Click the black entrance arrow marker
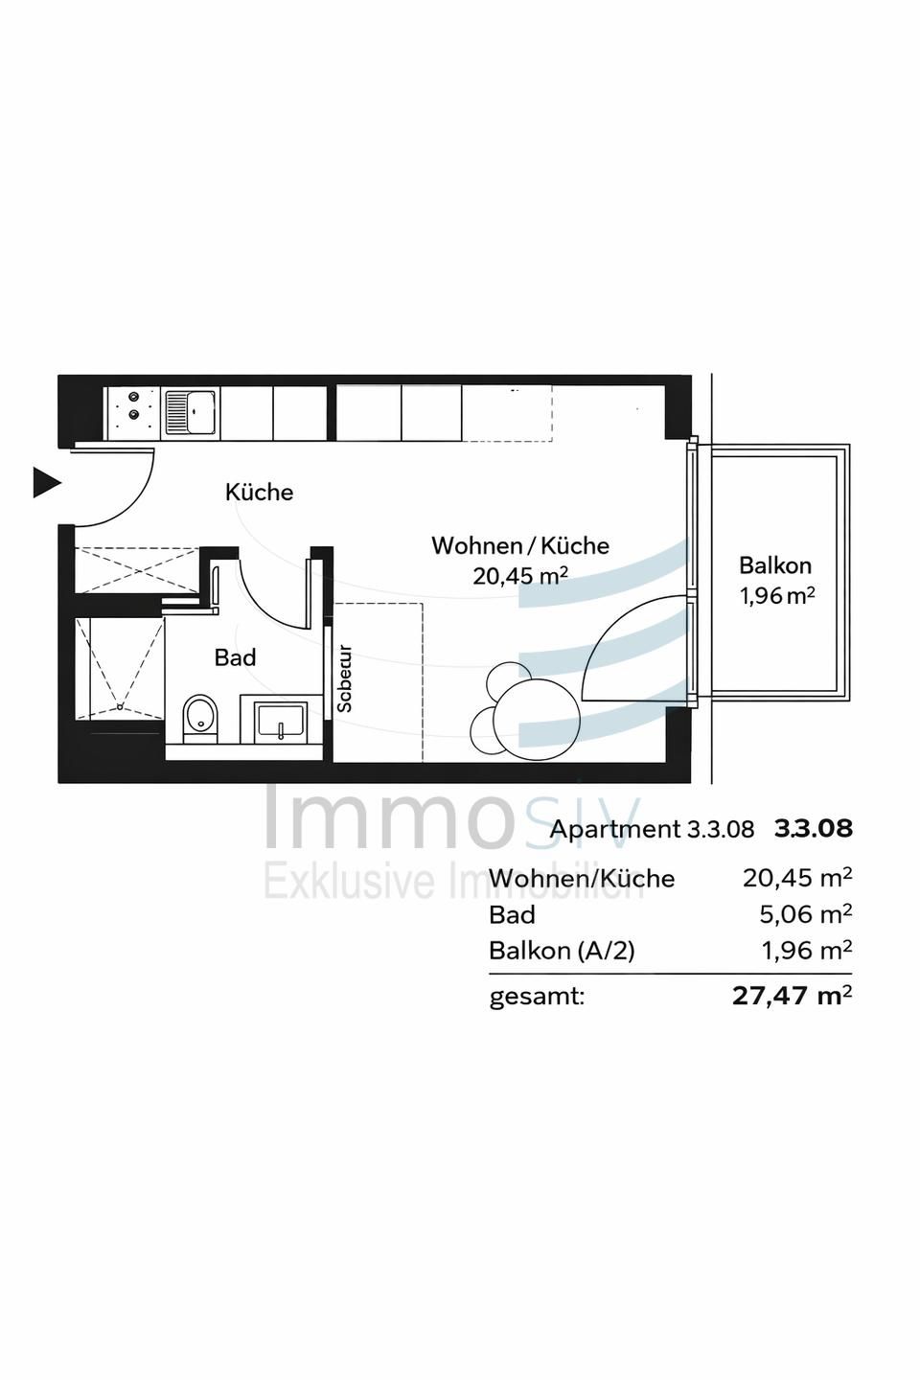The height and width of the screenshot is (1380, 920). coord(46,482)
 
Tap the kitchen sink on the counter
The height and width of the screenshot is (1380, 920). coord(192,412)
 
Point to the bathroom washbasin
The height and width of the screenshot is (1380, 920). coord(281,720)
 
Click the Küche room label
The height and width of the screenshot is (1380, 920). coord(259,493)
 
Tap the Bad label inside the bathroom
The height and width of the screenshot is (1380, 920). coord(235,657)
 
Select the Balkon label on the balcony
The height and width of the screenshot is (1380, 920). coord(775,565)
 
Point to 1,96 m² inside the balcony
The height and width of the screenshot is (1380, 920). coord(776,596)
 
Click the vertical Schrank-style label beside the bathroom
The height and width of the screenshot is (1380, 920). coord(345,678)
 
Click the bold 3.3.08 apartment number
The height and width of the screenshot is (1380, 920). coord(813,829)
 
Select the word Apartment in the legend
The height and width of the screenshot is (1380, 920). coord(614,830)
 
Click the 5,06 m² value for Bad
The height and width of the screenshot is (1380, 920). coord(805,914)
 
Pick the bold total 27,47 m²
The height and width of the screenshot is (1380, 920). coord(792,996)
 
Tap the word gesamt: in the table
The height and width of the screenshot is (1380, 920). coord(537,997)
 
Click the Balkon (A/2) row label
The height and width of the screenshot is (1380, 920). coord(562,951)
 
